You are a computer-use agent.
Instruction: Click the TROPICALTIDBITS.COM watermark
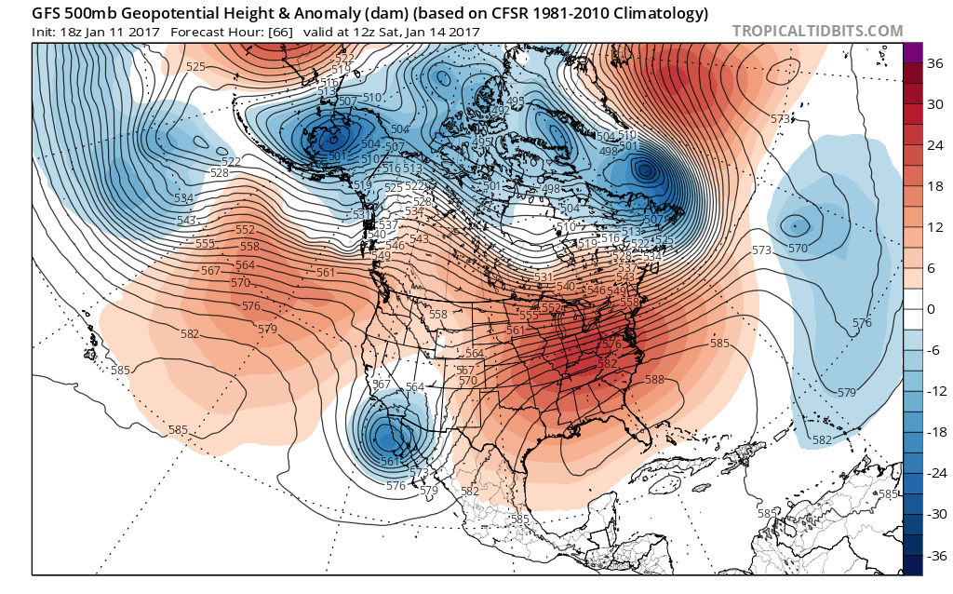coord(817,31)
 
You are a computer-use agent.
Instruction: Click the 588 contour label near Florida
coord(654,379)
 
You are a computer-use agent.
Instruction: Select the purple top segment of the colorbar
coord(912,53)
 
